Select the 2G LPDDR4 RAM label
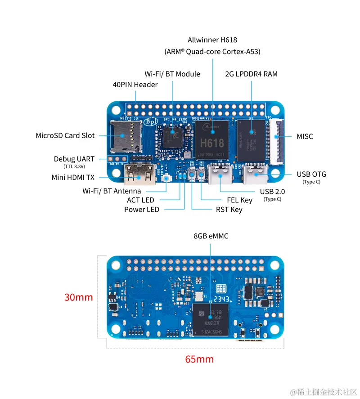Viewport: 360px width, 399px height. tap(251, 74)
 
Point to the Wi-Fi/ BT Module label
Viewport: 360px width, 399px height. tap(172, 74)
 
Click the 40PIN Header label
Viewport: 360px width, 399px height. tap(135, 85)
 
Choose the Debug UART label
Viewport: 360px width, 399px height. tap(74, 159)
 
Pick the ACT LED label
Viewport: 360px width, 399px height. tap(140, 200)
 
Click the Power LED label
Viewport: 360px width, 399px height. tap(141, 210)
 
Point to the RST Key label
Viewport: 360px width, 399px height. tap(229, 210)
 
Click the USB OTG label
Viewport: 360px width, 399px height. tap(311, 174)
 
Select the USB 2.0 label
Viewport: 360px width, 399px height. tap(272, 191)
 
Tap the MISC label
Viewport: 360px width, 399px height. tap(305, 136)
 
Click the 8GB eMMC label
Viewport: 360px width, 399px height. tap(211, 236)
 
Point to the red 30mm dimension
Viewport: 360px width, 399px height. tap(78, 297)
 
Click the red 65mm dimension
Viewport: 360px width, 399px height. tap(199, 359)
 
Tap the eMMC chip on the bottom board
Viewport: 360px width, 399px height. tap(210, 320)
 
